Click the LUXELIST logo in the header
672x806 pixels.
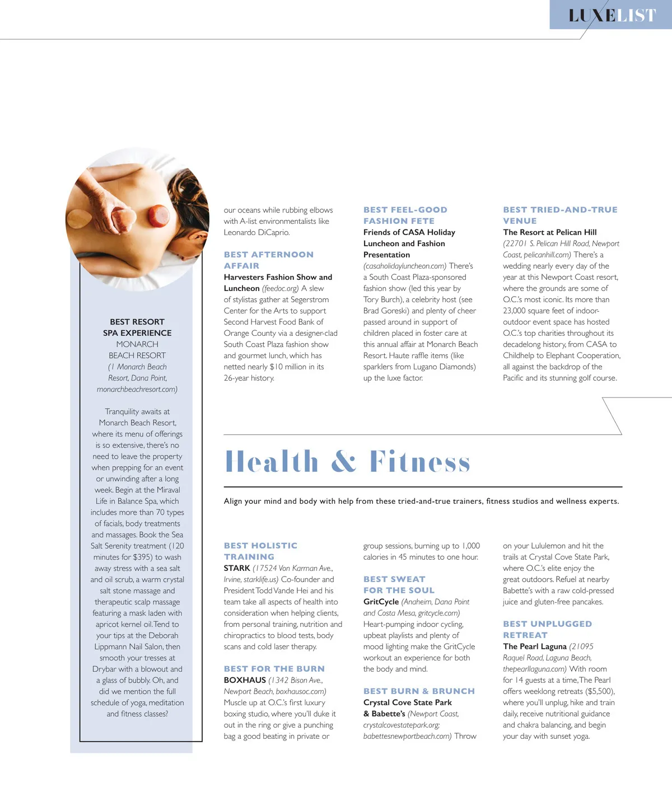tap(612, 15)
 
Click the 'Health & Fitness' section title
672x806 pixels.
tap(347, 462)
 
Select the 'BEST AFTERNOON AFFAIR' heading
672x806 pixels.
tap(269, 260)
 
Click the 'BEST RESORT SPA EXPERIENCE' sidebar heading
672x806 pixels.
tap(137, 327)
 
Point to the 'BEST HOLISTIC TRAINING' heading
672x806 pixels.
tap(260, 551)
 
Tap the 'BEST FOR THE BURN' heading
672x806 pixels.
tap(274, 669)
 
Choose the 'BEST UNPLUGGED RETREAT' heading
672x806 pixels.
tap(547, 630)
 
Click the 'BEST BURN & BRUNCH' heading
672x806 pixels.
tap(419, 691)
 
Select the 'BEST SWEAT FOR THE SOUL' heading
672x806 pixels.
tap(399, 585)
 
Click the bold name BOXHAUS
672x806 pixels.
tap(245, 680)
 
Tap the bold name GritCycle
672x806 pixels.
tap(381, 602)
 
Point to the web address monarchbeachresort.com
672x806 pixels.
tap(137, 389)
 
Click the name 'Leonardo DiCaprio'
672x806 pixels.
tap(256, 232)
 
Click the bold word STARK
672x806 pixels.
tap(237, 568)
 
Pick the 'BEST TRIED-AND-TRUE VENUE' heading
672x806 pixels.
tap(560, 215)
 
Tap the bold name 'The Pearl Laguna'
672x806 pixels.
tap(535, 646)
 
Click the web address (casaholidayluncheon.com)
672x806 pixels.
tap(405, 266)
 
